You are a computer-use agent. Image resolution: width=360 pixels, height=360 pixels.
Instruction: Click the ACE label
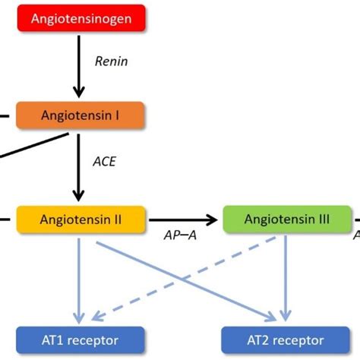click(x=103, y=161)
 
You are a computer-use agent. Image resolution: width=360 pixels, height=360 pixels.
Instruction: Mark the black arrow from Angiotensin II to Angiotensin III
click(x=182, y=220)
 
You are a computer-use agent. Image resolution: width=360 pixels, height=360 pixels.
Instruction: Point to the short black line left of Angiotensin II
click(x=4, y=220)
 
